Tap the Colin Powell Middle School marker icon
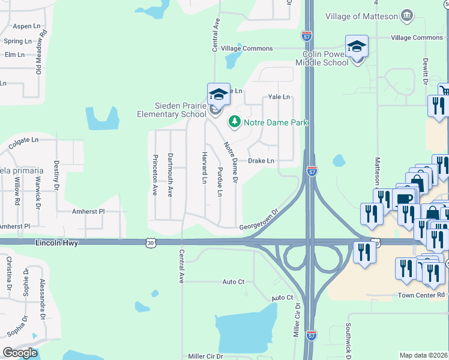tap(356, 47)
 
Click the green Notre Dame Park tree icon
tap(234, 122)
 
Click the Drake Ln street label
tap(261, 161)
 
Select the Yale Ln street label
tap(279, 97)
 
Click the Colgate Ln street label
tap(23, 139)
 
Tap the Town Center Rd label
tap(421, 295)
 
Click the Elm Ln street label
tap(14, 55)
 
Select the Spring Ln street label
tap(17, 41)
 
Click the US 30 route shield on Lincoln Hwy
tap(150, 242)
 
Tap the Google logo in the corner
tap(20, 353)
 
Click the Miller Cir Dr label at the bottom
tap(205, 356)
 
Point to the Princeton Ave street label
tap(155, 175)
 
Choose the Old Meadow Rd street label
tap(41, 54)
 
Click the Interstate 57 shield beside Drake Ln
tap(312, 171)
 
